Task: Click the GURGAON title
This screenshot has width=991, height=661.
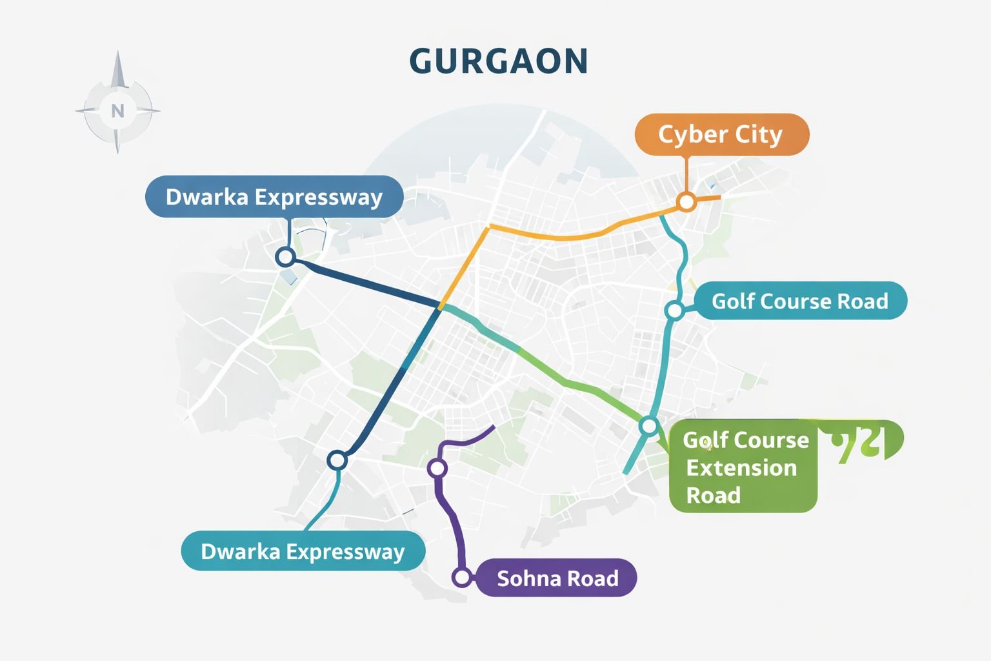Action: tap(498, 62)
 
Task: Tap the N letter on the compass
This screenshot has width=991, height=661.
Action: tap(117, 111)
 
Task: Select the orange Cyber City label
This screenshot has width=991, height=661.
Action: tap(721, 135)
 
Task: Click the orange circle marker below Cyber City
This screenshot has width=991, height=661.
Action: tap(686, 202)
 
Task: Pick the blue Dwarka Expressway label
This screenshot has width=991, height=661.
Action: tap(274, 197)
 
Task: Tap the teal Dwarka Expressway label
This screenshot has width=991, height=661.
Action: tap(303, 552)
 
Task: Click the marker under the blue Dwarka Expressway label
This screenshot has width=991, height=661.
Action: tap(285, 257)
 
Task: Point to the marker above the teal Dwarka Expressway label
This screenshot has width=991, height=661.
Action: tap(337, 460)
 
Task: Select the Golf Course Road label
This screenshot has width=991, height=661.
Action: tap(800, 301)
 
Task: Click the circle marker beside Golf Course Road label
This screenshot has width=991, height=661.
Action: tap(674, 310)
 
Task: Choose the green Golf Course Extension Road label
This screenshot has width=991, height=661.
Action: tap(743, 467)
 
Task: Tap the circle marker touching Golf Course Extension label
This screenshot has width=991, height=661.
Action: tap(649, 426)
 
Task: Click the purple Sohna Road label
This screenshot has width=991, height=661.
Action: tap(557, 578)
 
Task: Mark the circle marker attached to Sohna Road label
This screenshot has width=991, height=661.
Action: tap(462, 577)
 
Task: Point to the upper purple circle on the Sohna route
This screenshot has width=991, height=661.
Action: tap(437, 468)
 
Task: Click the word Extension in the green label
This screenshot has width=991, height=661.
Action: tap(741, 468)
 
